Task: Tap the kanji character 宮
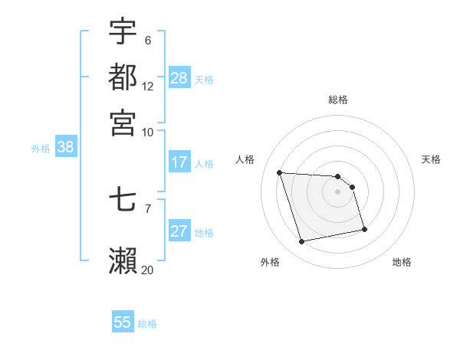[x=123, y=122]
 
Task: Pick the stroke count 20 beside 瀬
[x=147, y=269]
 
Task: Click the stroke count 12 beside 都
[x=148, y=87]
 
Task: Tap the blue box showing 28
[x=179, y=78]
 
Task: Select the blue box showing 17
[x=179, y=162]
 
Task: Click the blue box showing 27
[x=179, y=232]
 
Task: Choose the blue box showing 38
[x=65, y=148]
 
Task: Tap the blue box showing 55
[x=123, y=322]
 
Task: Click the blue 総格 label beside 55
[x=147, y=324]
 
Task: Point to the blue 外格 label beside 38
[x=41, y=149]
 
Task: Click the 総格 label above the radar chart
[x=338, y=100]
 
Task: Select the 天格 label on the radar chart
[x=431, y=159]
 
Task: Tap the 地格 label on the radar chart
[x=402, y=262]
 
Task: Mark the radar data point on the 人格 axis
[x=280, y=172]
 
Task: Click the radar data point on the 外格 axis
[x=302, y=242]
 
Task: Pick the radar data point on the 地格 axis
[x=364, y=229]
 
